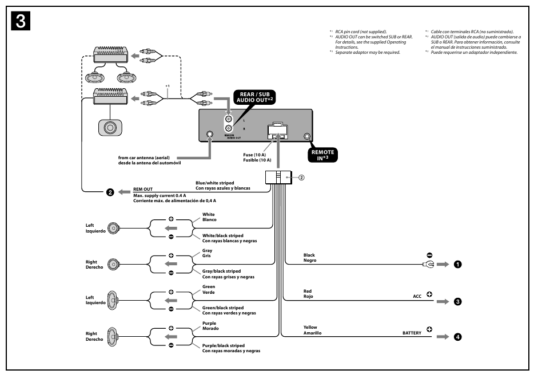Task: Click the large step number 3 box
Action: coord(20,21)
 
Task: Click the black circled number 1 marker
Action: coord(457,265)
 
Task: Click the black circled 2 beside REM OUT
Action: coord(110,192)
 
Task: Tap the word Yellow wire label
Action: coord(310,328)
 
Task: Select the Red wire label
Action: coord(308,292)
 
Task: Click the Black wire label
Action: coord(309,255)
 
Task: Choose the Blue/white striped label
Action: coord(214,183)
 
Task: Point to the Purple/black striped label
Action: coord(223,346)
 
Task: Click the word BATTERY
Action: coord(412,333)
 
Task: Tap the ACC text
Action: coord(417,297)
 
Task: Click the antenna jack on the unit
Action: coord(210,136)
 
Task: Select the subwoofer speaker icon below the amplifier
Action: coord(109,127)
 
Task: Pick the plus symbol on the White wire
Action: coord(170,220)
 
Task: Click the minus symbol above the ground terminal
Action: coord(429,255)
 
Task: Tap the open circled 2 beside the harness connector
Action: coord(301,177)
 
